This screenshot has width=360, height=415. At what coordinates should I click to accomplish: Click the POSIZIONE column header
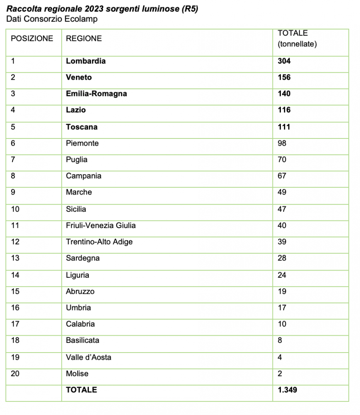(x=32, y=38)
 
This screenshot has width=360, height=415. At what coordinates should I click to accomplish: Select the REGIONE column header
(x=84, y=38)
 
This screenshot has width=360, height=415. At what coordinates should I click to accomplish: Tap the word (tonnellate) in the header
(x=297, y=44)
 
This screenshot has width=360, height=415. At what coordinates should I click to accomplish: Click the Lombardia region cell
(x=86, y=61)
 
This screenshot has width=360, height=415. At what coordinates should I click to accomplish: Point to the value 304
(x=284, y=61)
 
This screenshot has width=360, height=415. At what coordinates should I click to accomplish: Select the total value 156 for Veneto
(x=284, y=77)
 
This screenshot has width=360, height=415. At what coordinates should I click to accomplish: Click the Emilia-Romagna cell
(x=96, y=94)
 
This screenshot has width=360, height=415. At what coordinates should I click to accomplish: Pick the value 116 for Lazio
(x=284, y=110)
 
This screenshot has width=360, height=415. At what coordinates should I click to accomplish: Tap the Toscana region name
(x=82, y=127)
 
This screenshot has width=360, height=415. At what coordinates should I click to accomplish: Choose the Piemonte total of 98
(x=282, y=143)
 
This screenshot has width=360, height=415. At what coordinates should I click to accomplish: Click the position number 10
(x=15, y=209)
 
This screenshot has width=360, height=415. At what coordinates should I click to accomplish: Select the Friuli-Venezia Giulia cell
(x=101, y=225)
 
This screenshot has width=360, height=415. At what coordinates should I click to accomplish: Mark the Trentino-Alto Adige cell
(x=99, y=242)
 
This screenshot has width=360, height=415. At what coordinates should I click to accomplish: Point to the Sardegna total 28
(x=282, y=258)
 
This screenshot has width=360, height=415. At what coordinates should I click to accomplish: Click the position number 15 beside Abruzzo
(x=15, y=291)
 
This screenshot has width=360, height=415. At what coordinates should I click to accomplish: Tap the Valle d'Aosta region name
(x=88, y=357)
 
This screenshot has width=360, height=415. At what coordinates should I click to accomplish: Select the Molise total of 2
(x=280, y=373)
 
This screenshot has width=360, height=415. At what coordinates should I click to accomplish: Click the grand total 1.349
(x=288, y=389)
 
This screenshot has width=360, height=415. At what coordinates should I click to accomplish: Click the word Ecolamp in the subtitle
(x=83, y=19)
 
